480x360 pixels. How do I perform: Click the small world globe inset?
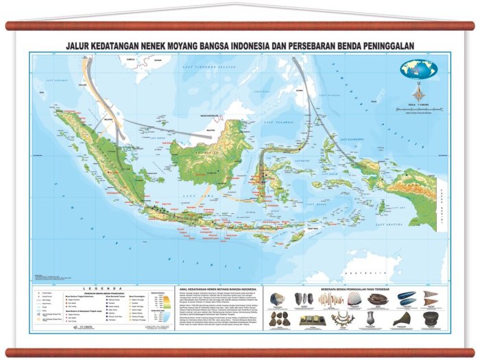point(419,69)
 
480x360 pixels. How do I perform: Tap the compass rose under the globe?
point(419,93)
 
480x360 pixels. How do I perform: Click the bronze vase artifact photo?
point(369,319)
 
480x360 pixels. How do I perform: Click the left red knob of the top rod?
point(8,26)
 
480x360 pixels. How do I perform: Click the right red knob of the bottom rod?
point(472,353)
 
